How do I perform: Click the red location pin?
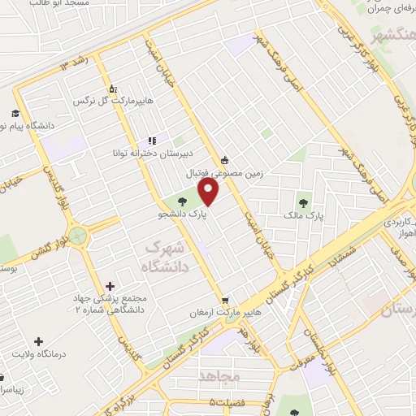[x=209, y=193]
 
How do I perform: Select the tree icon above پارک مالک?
[x=303, y=203]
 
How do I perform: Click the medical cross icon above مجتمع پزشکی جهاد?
[x=110, y=285]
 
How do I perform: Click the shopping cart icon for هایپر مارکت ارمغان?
[x=227, y=300]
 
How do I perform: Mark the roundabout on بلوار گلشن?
[x=78, y=236]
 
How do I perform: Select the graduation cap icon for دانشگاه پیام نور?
[x=15, y=113]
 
